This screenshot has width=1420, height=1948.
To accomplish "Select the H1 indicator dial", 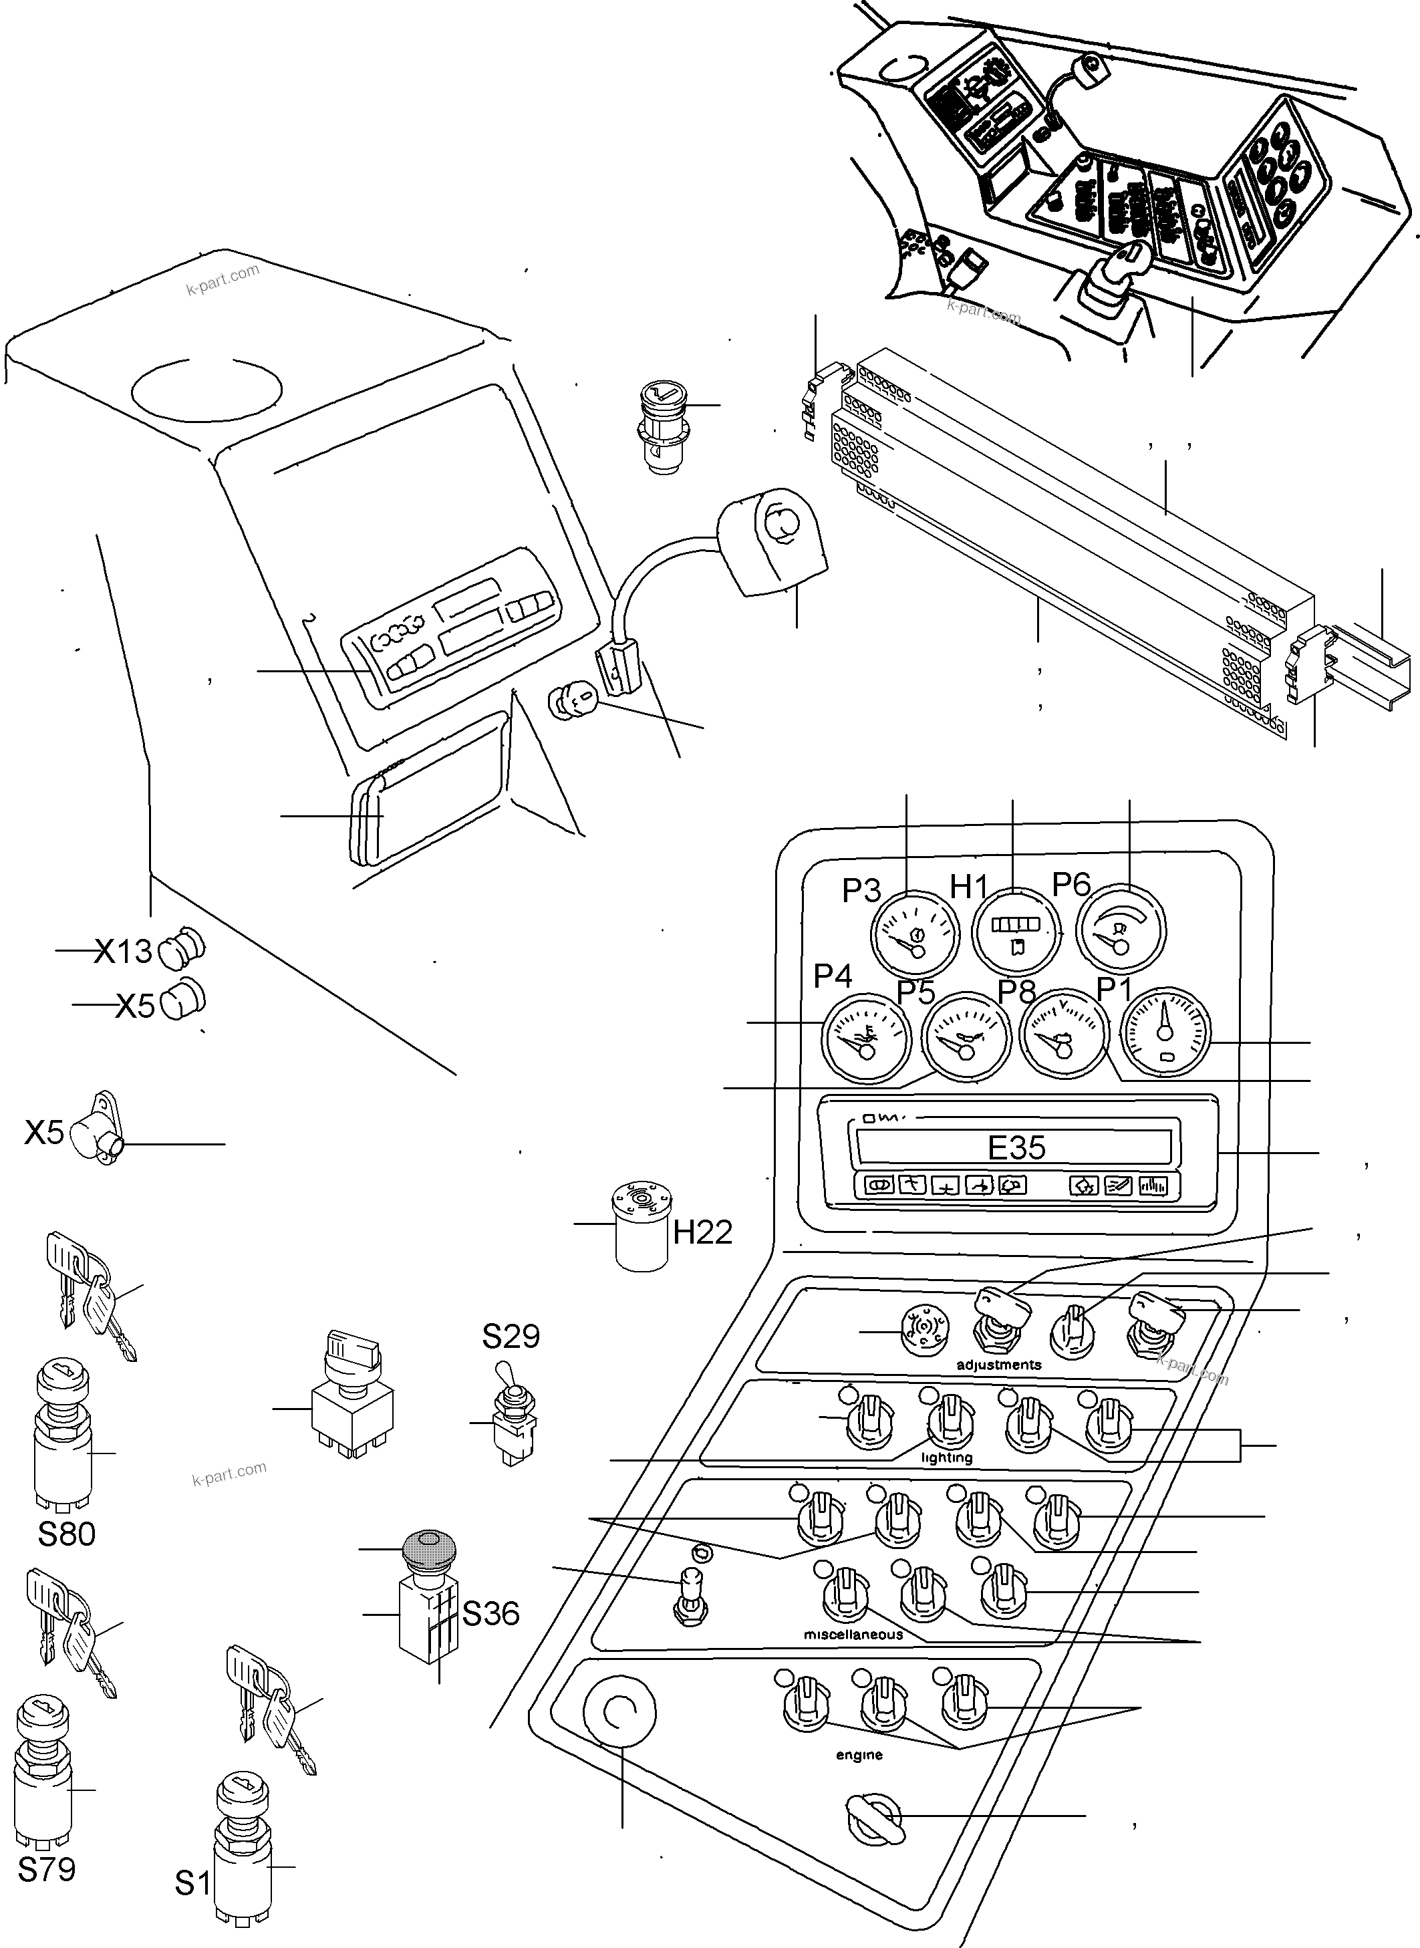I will click(1016, 933).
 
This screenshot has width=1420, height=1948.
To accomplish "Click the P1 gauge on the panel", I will click(1167, 1032).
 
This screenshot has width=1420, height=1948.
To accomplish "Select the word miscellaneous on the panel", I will click(853, 1634).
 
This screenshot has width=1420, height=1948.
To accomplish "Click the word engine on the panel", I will click(859, 1755).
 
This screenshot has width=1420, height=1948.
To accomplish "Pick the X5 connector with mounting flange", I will click(96, 1132).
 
